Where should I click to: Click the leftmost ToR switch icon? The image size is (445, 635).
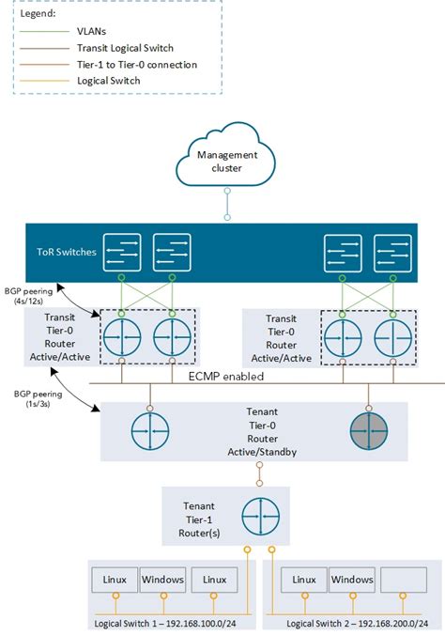[123, 252]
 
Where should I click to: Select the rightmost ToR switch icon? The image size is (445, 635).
[392, 252]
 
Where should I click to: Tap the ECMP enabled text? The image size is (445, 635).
[225, 375]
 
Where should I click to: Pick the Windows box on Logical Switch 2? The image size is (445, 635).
[352, 580]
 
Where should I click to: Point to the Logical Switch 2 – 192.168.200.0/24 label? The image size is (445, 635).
[351, 623]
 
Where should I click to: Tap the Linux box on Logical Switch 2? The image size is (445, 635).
[303, 580]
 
